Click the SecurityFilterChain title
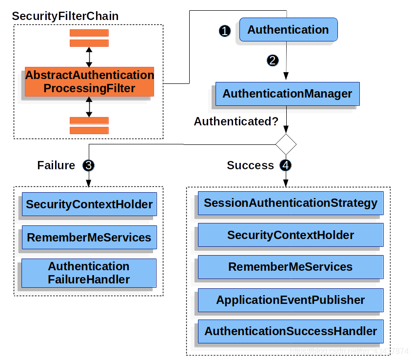tap(65, 16)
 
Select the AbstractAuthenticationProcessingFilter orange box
tap(89, 81)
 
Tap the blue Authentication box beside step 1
tap(288, 30)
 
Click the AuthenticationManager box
tap(287, 94)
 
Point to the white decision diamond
tap(286, 144)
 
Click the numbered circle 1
tap(225, 31)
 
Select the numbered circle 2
tap(273, 60)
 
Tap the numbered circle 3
tap(89, 165)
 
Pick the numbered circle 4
tap(286, 165)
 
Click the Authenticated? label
tap(236, 121)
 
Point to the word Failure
tap(56, 165)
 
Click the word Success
tap(250, 165)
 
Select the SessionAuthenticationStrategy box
tap(291, 203)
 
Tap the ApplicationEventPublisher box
tap(291, 300)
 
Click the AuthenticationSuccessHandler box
tap(291, 332)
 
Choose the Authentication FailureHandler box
tap(89, 273)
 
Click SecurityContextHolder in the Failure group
tap(89, 204)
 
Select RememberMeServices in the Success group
tap(291, 267)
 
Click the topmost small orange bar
tap(89, 33)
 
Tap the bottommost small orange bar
tap(89, 130)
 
